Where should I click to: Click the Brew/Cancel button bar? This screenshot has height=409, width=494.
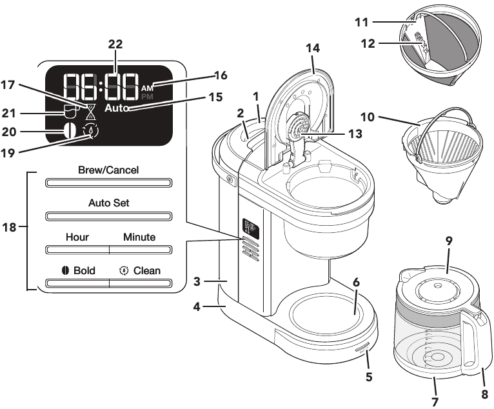(108, 183)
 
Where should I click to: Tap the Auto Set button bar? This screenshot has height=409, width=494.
(108, 215)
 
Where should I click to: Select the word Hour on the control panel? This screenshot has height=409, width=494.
(77, 237)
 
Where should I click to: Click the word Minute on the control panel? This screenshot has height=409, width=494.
(140, 237)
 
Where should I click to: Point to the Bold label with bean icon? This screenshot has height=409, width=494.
(79, 270)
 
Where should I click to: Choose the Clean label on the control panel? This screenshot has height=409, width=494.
(140, 270)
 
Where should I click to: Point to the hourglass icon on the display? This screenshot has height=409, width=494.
(90, 111)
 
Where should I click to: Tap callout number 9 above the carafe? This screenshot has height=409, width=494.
(449, 240)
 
